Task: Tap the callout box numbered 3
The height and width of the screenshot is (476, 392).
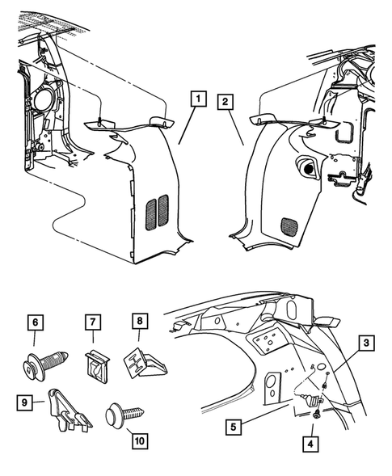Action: click(367, 344)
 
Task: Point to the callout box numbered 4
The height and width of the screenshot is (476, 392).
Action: click(310, 443)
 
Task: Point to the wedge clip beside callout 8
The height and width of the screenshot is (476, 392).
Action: click(145, 362)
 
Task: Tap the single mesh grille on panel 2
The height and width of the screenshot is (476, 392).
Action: click(286, 224)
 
